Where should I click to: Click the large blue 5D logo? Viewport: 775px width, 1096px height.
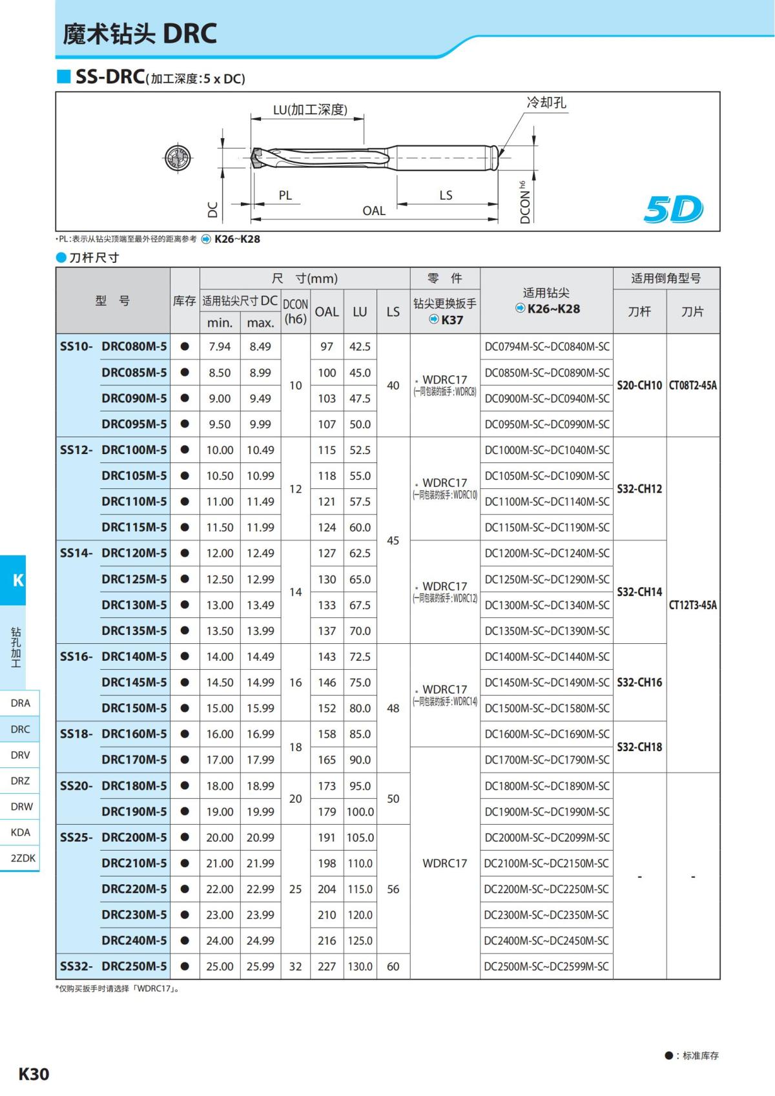[x=673, y=209]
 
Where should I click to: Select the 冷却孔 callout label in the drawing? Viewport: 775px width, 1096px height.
[x=546, y=103]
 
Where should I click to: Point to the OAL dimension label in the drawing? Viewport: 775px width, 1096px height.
[x=374, y=211]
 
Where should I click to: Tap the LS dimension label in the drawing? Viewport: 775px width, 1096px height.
[x=446, y=196]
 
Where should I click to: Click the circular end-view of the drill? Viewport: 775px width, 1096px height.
[x=178, y=158]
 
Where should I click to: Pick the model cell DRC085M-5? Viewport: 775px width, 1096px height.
[x=134, y=373]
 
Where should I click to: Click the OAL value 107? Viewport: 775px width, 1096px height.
[x=327, y=424]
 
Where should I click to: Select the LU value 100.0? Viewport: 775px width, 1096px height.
[x=360, y=812]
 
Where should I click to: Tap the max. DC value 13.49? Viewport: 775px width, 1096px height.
[x=260, y=605]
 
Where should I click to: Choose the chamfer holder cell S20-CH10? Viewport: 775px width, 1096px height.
[x=639, y=386]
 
